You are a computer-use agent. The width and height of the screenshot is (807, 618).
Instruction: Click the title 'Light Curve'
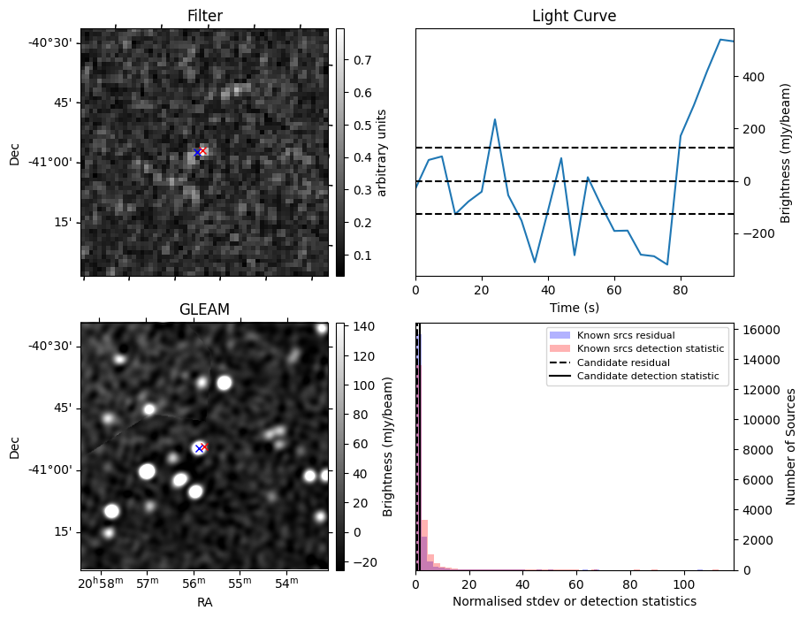[574, 16]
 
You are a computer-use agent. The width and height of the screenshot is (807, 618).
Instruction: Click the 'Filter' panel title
[204, 16]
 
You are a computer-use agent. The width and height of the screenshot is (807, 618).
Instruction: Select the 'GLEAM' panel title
[204, 309]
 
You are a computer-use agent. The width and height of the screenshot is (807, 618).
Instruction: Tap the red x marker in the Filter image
[203, 150]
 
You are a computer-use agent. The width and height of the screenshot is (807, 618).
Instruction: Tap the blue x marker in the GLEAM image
[198, 448]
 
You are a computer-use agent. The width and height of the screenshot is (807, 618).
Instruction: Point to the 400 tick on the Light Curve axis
[753, 77]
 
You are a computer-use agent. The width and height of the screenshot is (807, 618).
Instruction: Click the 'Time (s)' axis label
[574, 306]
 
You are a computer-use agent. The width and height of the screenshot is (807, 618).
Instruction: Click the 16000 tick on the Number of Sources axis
[758, 330]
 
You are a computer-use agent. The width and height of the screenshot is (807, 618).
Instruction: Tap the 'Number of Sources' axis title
[791, 446]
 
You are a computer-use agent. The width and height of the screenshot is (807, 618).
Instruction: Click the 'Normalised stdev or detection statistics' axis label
[574, 601]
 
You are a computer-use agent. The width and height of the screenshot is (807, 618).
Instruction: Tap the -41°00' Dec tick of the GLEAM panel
[52, 469]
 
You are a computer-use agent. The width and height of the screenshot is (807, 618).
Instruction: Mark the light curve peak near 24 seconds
[495, 119]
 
